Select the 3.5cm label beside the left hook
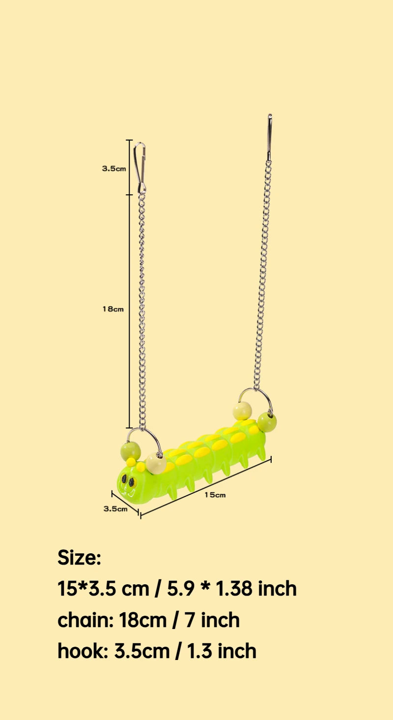(x=114, y=168)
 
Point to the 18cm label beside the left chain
(x=113, y=309)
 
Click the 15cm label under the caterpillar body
(x=215, y=495)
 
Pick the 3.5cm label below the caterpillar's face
(x=115, y=509)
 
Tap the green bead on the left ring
(x=130, y=450)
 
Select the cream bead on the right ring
(x=242, y=411)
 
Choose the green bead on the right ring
(x=267, y=421)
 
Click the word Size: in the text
(x=79, y=558)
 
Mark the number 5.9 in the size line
(x=180, y=589)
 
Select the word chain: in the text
(x=85, y=620)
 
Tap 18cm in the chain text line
(x=142, y=620)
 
